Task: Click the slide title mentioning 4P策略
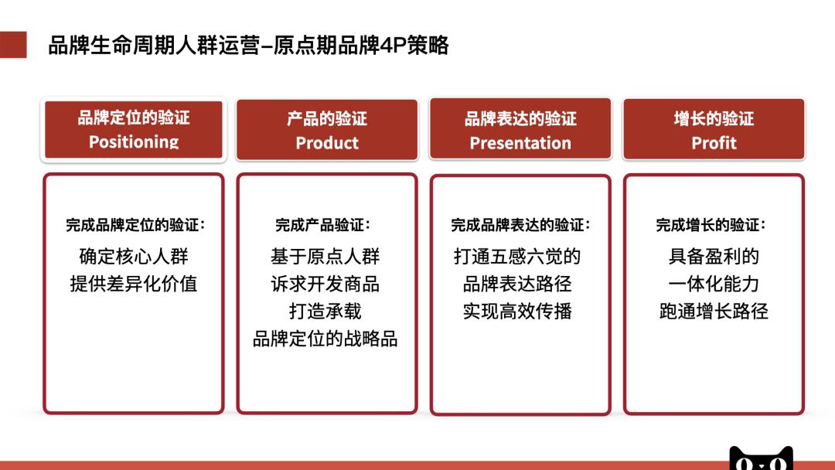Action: tap(248, 46)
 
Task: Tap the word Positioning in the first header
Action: tap(134, 142)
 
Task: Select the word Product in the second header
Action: tap(327, 143)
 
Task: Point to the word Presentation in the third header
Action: tap(520, 143)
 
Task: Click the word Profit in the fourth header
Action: tap(714, 143)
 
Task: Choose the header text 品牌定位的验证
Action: tap(134, 118)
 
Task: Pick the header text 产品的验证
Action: tap(327, 119)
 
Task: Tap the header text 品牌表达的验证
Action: tap(520, 119)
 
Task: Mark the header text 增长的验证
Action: tap(714, 119)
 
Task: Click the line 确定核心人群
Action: tap(134, 256)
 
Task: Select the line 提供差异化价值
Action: tap(134, 284)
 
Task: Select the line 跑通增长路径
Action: tap(714, 312)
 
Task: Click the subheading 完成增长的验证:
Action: tap(711, 226)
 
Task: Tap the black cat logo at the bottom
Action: tap(761, 458)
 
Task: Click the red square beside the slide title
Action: tap(13, 45)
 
